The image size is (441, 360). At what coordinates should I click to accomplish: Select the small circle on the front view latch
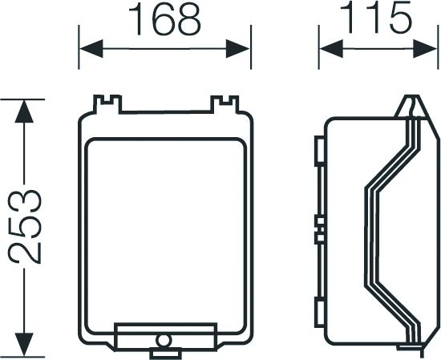(x=165, y=340)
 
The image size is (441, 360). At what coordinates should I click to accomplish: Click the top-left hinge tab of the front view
(x=107, y=104)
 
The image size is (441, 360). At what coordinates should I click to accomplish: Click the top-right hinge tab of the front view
(x=225, y=104)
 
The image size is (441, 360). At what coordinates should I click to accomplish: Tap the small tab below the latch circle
(x=165, y=350)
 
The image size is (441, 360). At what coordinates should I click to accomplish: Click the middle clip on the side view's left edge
(x=319, y=226)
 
